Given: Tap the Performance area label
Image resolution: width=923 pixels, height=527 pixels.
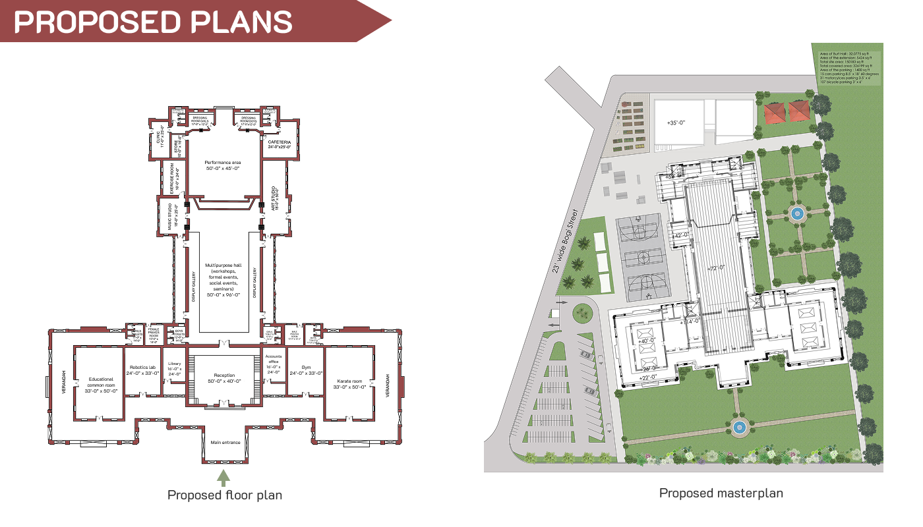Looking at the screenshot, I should click(222, 165).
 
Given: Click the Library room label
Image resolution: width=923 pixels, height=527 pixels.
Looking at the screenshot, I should click(174, 368).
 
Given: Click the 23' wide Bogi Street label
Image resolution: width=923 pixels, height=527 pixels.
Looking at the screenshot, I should click(566, 241).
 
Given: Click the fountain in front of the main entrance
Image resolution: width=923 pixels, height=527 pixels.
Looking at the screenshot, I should click(739, 428).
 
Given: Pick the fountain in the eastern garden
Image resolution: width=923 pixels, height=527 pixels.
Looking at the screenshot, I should click(796, 213).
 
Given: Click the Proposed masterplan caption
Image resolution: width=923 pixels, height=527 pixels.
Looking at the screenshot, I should click(721, 493).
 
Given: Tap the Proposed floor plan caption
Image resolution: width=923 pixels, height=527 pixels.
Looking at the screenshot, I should click(224, 495).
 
